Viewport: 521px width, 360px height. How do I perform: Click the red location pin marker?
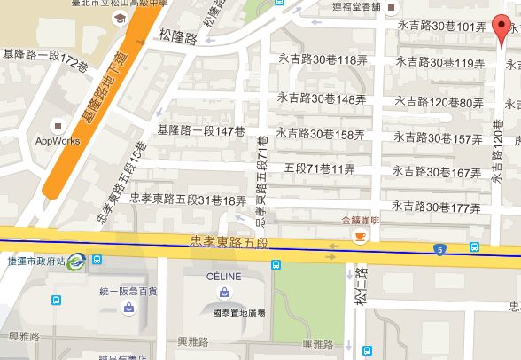[504, 33]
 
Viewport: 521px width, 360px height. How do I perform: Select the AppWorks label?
[58, 140]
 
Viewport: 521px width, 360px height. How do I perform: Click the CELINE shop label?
[224, 277]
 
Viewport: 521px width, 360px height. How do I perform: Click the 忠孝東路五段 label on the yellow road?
[229, 241]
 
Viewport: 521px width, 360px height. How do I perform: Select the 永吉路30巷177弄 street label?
[436, 207]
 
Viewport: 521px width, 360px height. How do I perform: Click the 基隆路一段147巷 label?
[199, 131]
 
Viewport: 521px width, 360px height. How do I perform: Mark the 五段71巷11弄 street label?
[320, 168]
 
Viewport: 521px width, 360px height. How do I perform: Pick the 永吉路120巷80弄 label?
[439, 103]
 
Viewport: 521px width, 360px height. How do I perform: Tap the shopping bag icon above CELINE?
[224, 292]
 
